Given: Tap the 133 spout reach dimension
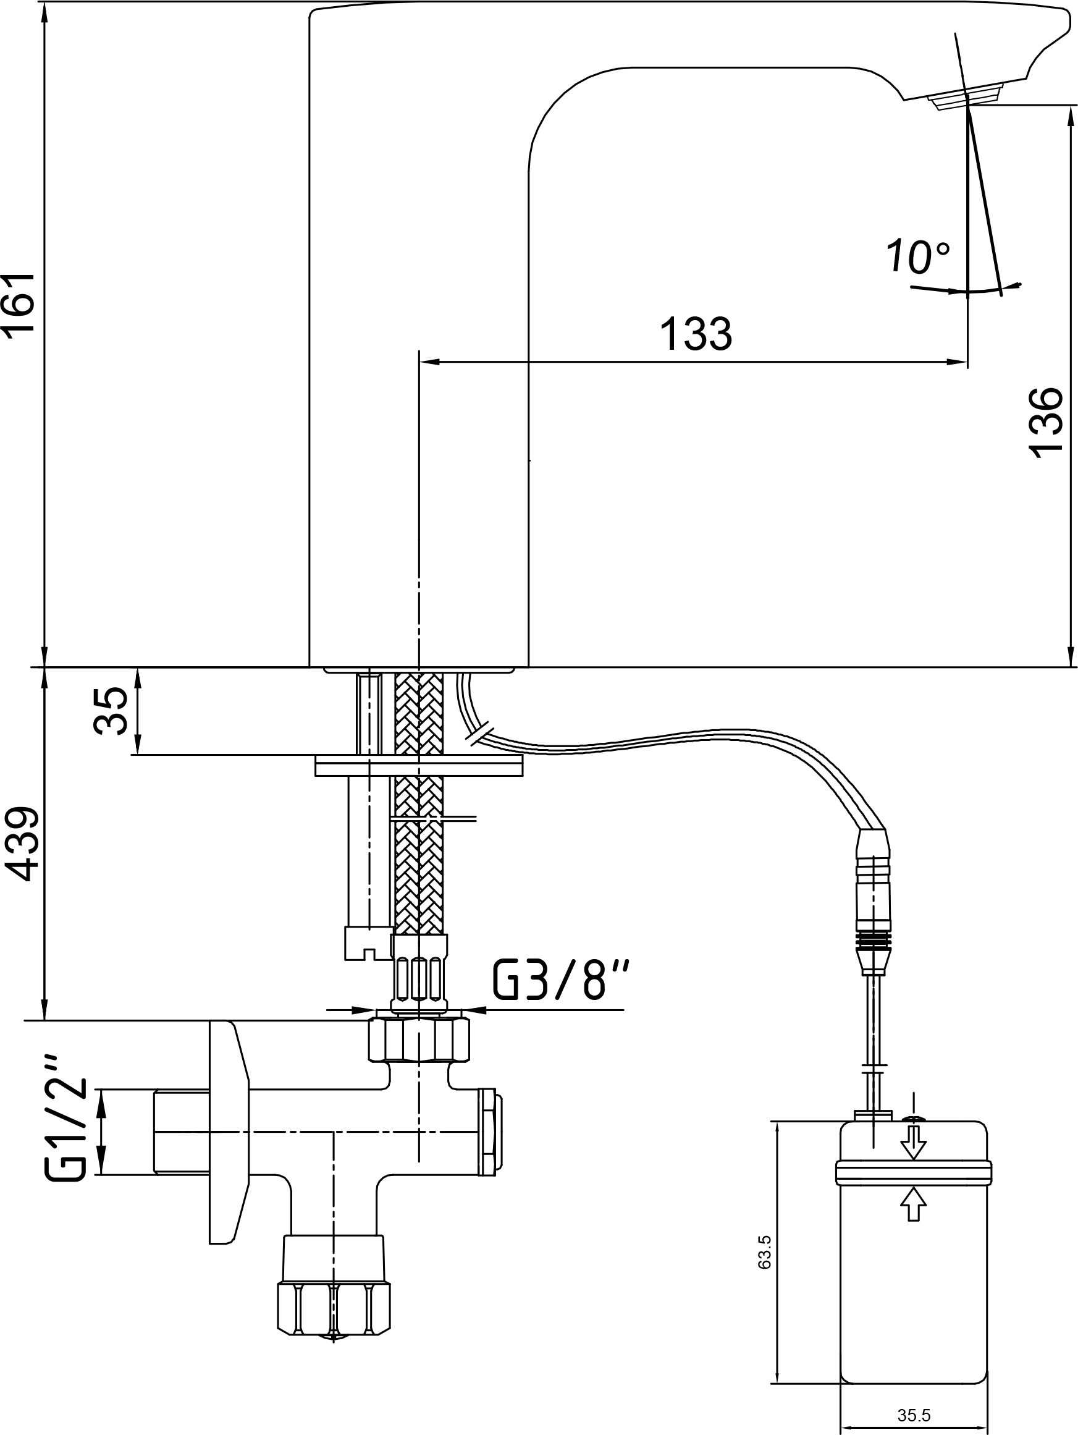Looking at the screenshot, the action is [696, 334].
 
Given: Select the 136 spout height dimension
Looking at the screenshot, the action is [1046, 423].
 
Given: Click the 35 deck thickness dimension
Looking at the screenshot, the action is [110, 711].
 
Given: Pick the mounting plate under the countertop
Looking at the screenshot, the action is [419, 765].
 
